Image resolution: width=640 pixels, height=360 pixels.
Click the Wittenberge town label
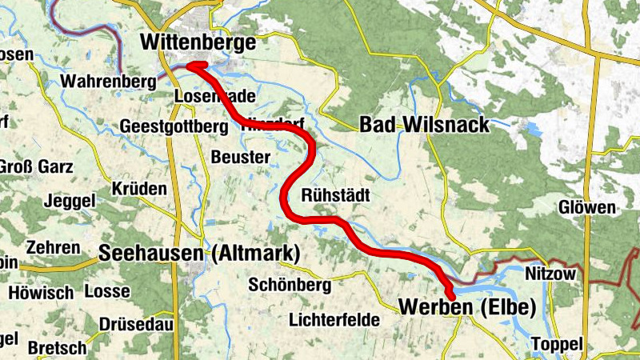pyautogui.click(x=198, y=42)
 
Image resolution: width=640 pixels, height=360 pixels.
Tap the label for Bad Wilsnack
pyautogui.click(x=423, y=125)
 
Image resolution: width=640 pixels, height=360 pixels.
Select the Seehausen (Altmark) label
pyautogui.click(x=199, y=254)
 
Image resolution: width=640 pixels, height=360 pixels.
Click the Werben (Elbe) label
pyautogui.click(x=466, y=306)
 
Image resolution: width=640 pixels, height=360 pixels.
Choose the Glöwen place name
pyautogui.click(x=588, y=208)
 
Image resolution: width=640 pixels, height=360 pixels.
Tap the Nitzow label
pyautogui.click(x=550, y=274)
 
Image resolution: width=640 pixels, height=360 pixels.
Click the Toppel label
pyautogui.click(x=557, y=343)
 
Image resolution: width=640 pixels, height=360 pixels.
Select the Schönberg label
pyautogui.click(x=290, y=285)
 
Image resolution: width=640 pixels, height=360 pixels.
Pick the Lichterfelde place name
pyautogui.click(x=334, y=319)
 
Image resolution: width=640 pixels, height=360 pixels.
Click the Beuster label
pyautogui.click(x=241, y=157)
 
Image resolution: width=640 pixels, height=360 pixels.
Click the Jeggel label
pyautogui.click(x=71, y=199)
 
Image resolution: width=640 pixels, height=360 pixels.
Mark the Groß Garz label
pyautogui.click(x=36, y=167)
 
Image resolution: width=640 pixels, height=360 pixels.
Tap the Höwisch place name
pyautogui.click(x=41, y=293)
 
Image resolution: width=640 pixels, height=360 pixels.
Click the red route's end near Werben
pyautogui.click(x=452, y=295)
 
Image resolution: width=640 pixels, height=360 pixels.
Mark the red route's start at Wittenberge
pyautogui.click(x=194, y=66)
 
